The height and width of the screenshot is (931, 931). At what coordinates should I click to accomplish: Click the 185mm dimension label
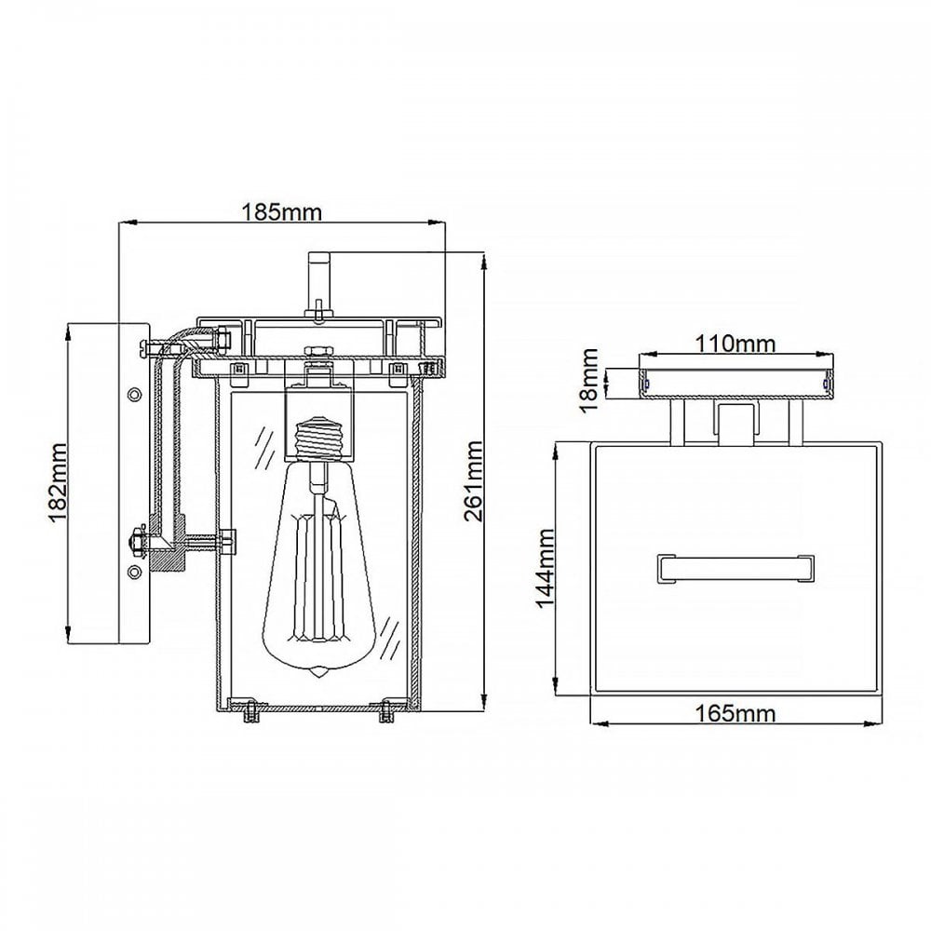281,212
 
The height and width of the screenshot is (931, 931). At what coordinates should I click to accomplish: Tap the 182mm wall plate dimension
57,482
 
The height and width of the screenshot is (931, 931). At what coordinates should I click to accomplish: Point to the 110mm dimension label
735,344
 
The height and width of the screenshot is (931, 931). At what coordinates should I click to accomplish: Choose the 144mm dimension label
545,568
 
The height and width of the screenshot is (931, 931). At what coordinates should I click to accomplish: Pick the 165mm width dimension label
735,712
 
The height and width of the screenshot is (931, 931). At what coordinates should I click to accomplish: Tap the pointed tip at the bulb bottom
319,673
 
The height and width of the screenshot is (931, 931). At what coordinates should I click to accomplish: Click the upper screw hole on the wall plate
135,394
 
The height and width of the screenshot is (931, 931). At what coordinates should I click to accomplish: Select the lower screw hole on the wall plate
135,572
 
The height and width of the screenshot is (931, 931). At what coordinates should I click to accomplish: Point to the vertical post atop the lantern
319,284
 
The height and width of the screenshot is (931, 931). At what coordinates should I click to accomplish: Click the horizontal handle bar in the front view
735,568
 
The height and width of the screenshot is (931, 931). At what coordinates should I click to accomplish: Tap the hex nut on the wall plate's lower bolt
137,543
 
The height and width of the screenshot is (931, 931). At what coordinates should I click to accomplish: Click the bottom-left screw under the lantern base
251,711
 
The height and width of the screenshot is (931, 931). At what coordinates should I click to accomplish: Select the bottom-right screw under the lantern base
386,711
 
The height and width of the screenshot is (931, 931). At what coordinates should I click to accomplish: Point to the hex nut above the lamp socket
319,352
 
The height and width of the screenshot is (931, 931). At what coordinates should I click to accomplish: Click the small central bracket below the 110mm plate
736,424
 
